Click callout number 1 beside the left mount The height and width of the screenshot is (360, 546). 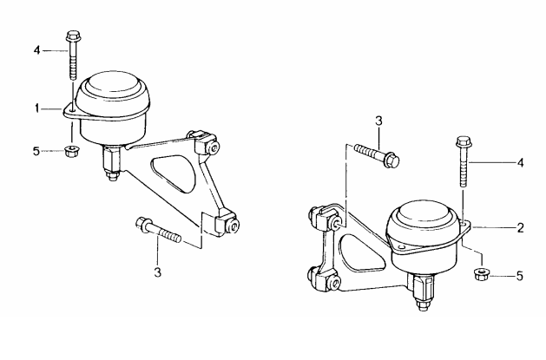tap(37, 108)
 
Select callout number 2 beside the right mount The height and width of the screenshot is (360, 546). tap(520, 228)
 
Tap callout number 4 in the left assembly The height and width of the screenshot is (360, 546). tap(37, 51)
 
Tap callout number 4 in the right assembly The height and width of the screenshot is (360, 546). tap(520, 162)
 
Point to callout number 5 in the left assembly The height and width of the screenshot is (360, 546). tap(36, 151)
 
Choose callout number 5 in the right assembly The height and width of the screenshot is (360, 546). tap(520, 276)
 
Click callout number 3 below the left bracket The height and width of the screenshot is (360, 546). tap(158, 272)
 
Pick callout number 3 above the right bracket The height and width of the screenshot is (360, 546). tap(378, 121)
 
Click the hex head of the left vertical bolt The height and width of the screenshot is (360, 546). tap(72, 35)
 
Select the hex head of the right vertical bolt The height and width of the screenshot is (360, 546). tap(463, 141)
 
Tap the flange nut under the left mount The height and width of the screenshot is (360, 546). tap(71, 152)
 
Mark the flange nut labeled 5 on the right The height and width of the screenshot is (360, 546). tap(481, 273)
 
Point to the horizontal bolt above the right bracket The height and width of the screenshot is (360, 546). tap(377, 154)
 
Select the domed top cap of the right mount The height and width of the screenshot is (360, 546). tap(423, 213)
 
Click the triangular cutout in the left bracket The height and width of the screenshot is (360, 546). tap(173, 173)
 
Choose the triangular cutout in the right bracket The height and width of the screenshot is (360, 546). tap(362, 252)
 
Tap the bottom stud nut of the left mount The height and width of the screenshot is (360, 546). tap(112, 176)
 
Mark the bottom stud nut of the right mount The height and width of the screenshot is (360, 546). tap(423, 305)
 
